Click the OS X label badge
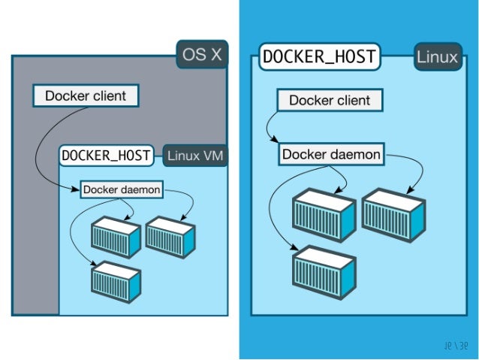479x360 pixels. point(202,54)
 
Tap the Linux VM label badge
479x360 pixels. point(195,156)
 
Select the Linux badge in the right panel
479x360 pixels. point(437,58)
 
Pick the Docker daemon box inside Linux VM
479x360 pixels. point(122,189)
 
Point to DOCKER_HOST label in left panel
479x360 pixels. point(107,156)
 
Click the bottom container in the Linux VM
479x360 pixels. point(116,282)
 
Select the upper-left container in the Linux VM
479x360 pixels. point(116,237)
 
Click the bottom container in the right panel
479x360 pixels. point(324,274)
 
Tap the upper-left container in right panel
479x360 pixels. point(324,214)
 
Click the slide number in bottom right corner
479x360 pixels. point(456,346)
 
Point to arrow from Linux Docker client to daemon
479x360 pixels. point(270,128)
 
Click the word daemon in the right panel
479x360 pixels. point(354,155)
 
